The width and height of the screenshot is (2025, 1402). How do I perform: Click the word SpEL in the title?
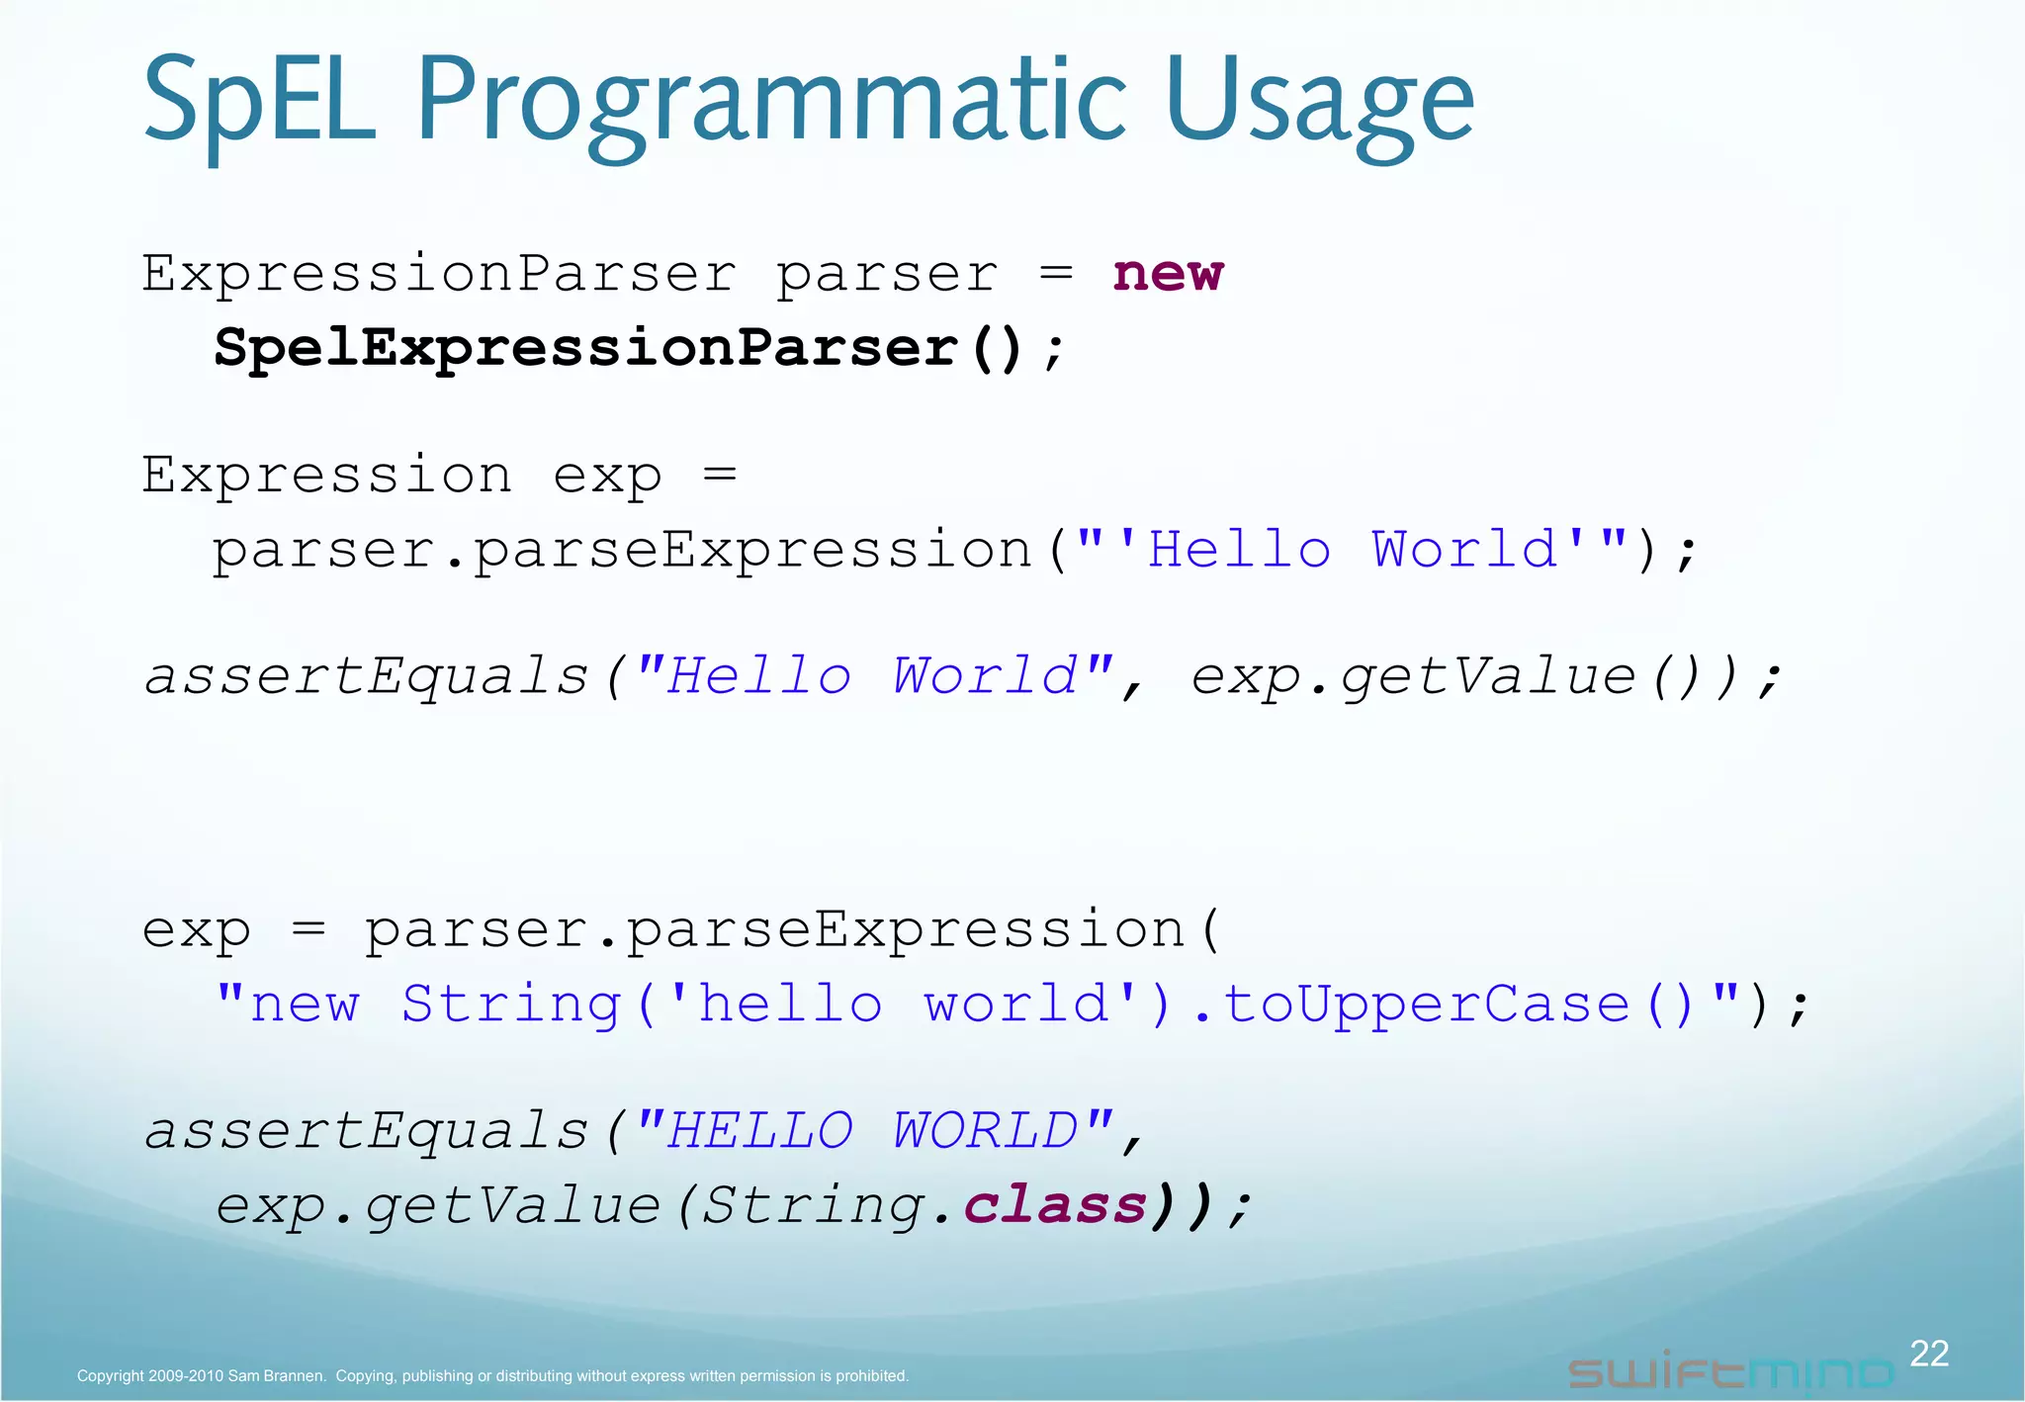[259, 101]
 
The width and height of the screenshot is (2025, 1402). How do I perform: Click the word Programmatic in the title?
[771, 101]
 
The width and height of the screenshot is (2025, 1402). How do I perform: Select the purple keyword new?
[1168, 274]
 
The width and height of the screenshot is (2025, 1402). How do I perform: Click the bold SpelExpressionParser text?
[586, 348]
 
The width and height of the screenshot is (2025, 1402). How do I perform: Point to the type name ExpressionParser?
[439, 274]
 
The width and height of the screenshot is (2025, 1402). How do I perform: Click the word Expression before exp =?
[327, 476]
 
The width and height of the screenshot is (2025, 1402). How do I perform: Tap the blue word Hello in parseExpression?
[1238, 550]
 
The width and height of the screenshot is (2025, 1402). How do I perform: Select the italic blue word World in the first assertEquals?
[985, 677]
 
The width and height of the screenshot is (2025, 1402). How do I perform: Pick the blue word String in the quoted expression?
[511, 1006]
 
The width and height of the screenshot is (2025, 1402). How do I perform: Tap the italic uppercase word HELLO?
[759, 1131]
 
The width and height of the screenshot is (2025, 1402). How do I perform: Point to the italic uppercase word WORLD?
[985, 1131]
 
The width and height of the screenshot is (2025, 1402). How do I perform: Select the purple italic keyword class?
[1054, 1206]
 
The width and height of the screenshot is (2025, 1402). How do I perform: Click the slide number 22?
[1928, 1354]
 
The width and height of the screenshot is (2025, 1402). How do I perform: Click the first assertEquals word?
[367, 677]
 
